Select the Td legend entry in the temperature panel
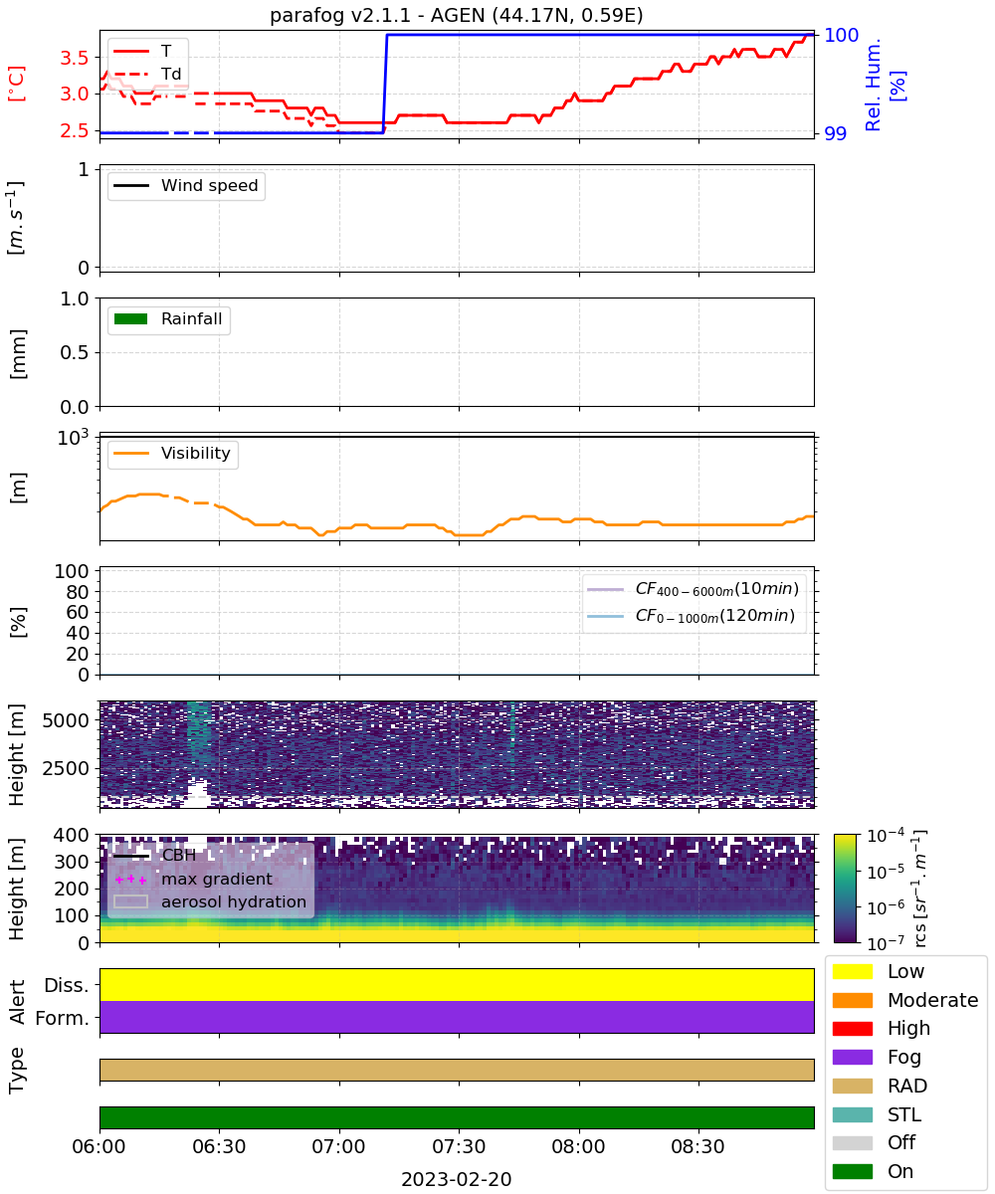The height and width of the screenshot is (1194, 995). [147, 74]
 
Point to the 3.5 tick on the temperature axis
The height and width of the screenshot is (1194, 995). [75, 58]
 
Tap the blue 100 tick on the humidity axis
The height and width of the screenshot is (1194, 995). [841, 35]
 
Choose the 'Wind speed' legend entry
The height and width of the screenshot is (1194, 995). [186, 185]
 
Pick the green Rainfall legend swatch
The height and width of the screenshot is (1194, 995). [131, 318]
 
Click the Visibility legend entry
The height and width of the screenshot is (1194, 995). [171, 453]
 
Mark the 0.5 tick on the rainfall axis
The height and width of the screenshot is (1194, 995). [75, 352]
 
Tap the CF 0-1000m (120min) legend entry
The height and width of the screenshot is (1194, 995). [692, 615]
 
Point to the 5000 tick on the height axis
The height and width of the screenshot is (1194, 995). [66, 720]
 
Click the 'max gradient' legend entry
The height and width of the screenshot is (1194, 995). [194, 879]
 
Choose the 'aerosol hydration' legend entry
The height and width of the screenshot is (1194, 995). [210, 901]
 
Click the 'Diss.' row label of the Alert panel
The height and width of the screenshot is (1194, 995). [67, 985]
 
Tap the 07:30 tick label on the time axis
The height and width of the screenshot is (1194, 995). [459, 1146]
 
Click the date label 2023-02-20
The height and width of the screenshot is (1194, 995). [457, 1179]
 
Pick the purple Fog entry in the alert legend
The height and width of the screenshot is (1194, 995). [877, 1057]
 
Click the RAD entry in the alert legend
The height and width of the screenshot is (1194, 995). [880, 1086]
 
